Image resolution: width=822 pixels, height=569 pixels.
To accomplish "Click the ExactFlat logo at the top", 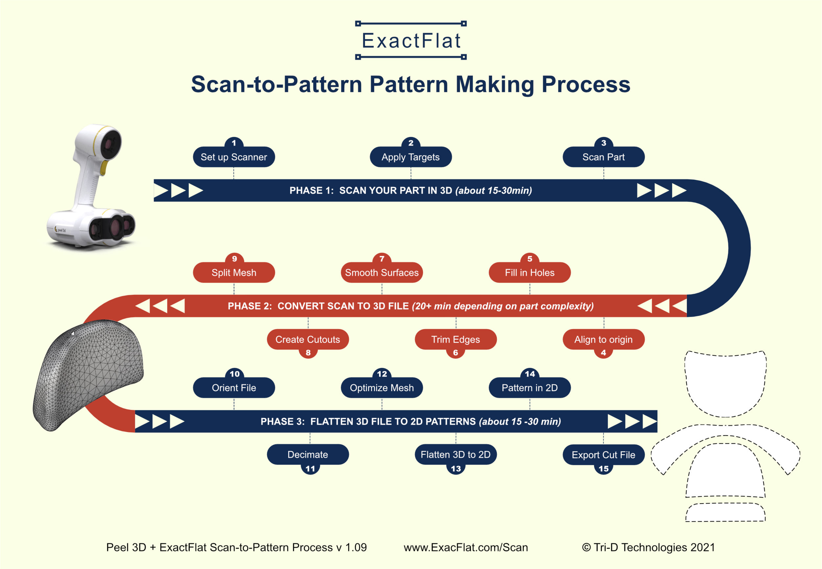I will tap(411, 40).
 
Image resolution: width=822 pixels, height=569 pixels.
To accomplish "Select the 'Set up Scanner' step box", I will tap(234, 157).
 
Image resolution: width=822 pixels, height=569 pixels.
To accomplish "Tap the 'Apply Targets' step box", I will tap(411, 157).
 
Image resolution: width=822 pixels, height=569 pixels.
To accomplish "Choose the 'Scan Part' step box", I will tap(603, 157).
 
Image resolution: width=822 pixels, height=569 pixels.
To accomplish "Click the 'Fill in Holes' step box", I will tap(529, 273).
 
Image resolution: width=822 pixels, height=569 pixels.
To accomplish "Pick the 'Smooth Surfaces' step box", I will tap(382, 273).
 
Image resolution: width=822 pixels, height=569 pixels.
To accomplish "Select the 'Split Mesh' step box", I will tap(234, 273).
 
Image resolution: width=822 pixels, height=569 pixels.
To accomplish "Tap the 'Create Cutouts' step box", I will tap(307, 339).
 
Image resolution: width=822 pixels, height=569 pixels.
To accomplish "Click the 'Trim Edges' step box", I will tap(456, 339).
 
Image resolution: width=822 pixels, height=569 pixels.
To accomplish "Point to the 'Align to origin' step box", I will tap(603, 339).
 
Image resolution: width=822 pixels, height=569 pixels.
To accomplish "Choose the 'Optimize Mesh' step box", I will tap(382, 388).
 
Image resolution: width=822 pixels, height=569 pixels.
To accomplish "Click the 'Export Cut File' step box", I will tap(603, 455).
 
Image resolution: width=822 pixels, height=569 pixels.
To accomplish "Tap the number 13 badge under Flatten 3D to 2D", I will tap(456, 469).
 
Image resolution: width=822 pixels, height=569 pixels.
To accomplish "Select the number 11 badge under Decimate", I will tap(310, 469).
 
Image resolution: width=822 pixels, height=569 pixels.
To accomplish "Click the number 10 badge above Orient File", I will tap(234, 374).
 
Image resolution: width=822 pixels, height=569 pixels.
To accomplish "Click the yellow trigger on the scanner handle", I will tap(104, 168).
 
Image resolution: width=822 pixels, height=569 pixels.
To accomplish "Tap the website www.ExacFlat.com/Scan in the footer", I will tap(466, 547).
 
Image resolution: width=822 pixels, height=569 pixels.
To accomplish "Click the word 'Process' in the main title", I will tap(586, 84).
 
